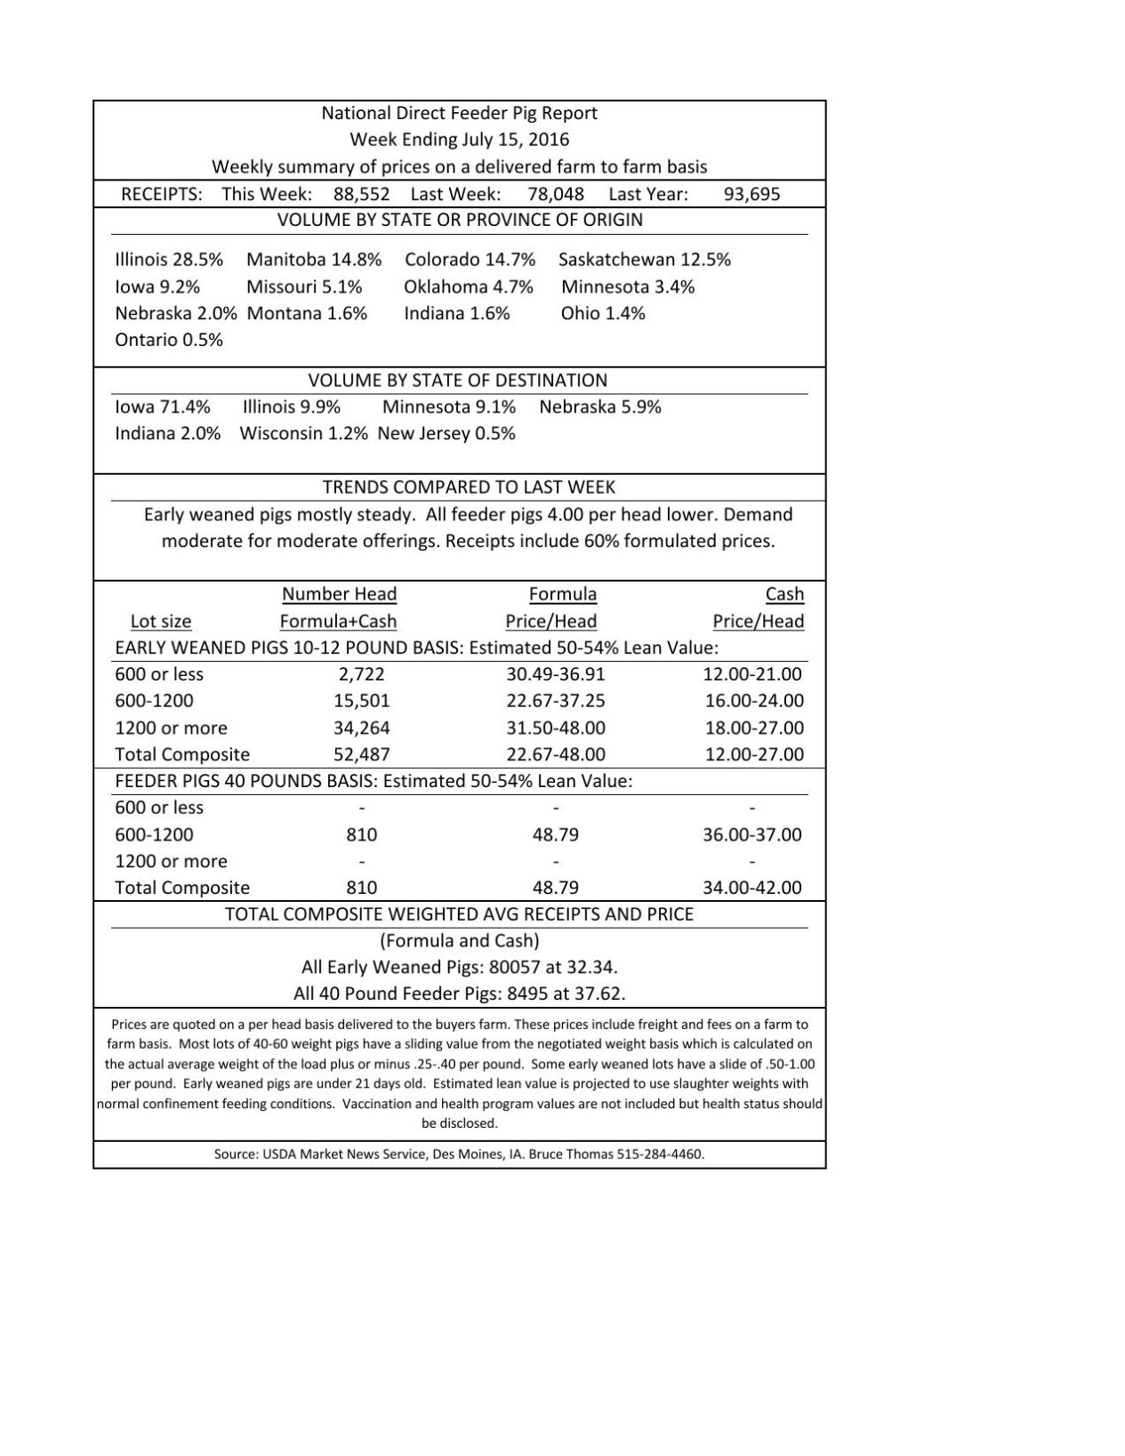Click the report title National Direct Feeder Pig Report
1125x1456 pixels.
pyautogui.click(x=459, y=113)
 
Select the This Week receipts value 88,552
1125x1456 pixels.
pyautogui.click(x=362, y=194)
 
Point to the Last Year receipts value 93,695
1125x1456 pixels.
pyautogui.click(x=751, y=194)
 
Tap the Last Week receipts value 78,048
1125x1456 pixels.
pyautogui.click(x=556, y=194)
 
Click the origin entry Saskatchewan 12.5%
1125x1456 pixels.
pyautogui.click(x=645, y=260)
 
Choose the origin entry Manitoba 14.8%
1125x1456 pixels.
pyautogui.click(x=314, y=260)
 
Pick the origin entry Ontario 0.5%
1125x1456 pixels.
pyautogui.click(x=169, y=340)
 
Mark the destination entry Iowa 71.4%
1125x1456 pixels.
pyautogui.click(x=163, y=407)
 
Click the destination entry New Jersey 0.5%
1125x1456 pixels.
pyautogui.click(x=446, y=434)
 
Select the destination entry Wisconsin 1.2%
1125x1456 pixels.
pyautogui.click(x=303, y=434)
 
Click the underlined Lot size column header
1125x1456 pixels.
pyautogui.click(x=161, y=622)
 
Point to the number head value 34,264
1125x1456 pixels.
pyautogui.click(x=362, y=728)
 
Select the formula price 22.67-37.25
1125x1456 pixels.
pyautogui.click(x=556, y=701)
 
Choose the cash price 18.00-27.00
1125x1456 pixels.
pyautogui.click(x=754, y=728)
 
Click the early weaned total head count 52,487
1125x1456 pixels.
pyautogui.click(x=362, y=754)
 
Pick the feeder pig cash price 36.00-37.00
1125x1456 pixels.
pyautogui.click(x=752, y=834)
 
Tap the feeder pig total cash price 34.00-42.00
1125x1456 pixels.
pyautogui.click(x=752, y=888)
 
